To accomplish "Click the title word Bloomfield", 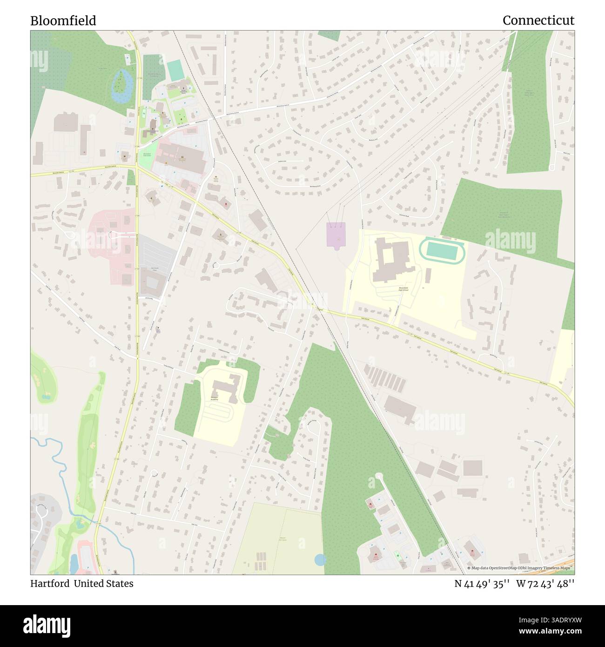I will pyautogui.click(x=63, y=20).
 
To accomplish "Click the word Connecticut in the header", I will pyautogui.click(x=538, y=20).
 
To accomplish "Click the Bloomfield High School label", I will pyautogui.click(x=403, y=289).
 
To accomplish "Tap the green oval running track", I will pyautogui.click(x=443, y=250).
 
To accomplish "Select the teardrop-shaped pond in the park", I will pyautogui.click(x=121, y=85).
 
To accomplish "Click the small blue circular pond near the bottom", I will pyautogui.click(x=320, y=559).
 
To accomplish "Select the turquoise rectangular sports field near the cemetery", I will pyautogui.click(x=175, y=70).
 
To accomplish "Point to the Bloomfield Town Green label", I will pyautogui.click(x=147, y=155).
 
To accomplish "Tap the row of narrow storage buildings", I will pyautogui.click(x=385, y=377).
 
